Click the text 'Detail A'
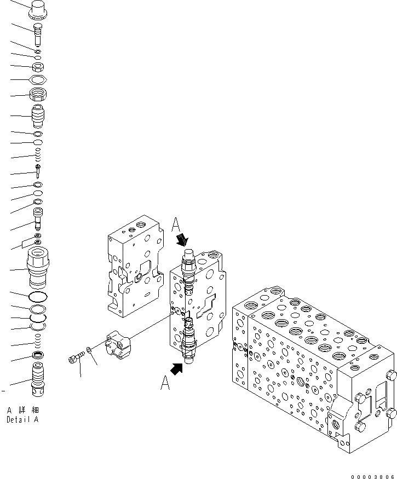[22, 420]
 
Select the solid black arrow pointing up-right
[177, 369]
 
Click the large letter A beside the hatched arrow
[176, 225]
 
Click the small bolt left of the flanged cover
[74, 359]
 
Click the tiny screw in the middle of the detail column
[37, 171]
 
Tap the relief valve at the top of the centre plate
[187, 268]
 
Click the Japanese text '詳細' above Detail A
[27, 410]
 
